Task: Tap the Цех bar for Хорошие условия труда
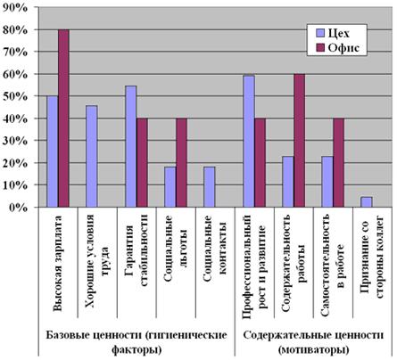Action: click(91, 157)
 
